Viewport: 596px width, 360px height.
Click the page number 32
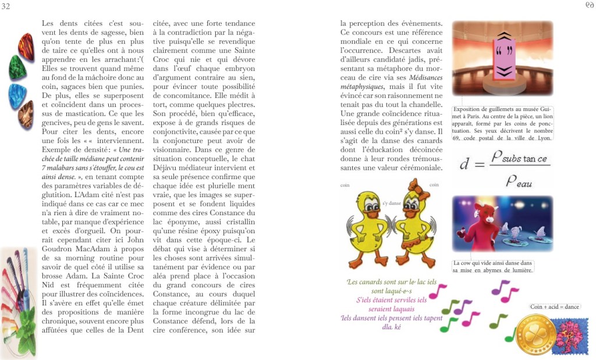click(6, 6)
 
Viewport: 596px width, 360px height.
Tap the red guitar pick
click(26, 47)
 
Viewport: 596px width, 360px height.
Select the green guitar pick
click(17, 68)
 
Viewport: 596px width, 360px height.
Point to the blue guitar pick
click(17, 95)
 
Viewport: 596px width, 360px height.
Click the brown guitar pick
click(26, 114)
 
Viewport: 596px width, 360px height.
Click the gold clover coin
click(535, 334)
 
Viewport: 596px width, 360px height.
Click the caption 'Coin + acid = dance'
click(554, 306)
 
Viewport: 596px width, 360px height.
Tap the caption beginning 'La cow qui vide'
click(492, 266)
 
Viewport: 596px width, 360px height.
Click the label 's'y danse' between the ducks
click(391, 203)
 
